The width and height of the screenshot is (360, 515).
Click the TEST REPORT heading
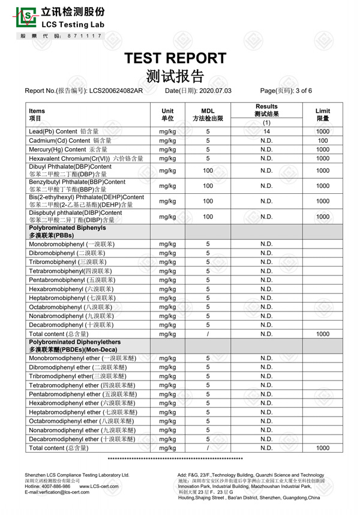[x=176, y=58]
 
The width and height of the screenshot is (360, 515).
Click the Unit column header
[x=167, y=115]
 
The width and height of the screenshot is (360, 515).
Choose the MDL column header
[x=208, y=115]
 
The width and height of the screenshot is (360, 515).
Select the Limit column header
[x=323, y=115]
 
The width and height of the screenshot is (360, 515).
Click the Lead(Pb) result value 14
[x=267, y=131]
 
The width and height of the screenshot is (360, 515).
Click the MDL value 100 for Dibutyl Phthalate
[x=208, y=170]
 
